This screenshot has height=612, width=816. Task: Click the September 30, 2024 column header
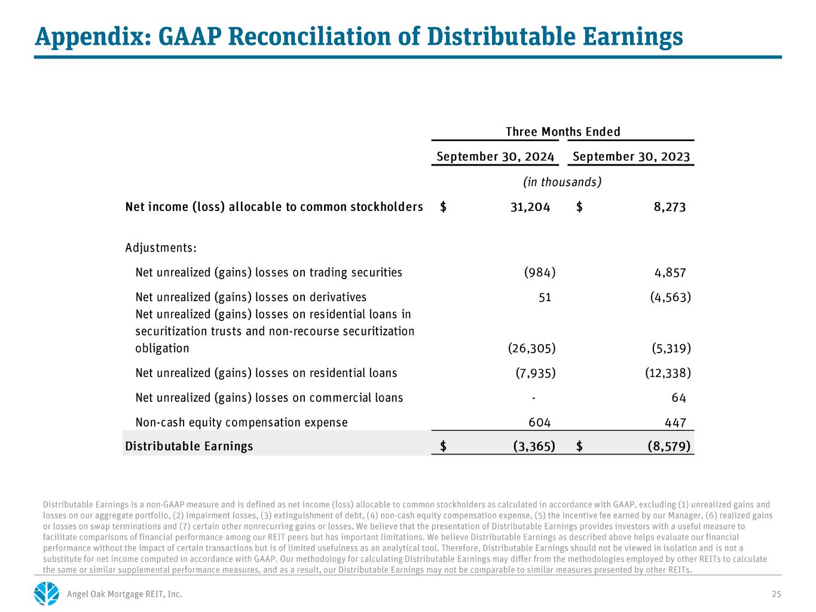tap(495, 157)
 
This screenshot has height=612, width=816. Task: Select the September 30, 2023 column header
tap(631, 157)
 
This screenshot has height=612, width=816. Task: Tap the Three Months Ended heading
tap(563, 132)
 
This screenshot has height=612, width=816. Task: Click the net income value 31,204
tap(530, 207)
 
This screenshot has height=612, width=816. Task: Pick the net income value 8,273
tap(670, 207)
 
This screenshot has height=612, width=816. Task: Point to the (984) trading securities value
tap(540, 273)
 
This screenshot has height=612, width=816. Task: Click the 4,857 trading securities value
tap(670, 273)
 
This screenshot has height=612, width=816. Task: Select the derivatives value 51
tap(545, 298)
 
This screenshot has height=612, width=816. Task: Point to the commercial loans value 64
tap(679, 398)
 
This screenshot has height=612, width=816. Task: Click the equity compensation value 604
tap(539, 423)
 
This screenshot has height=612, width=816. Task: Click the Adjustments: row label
tap(161, 248)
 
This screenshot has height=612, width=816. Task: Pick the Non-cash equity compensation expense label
tap(242, 423)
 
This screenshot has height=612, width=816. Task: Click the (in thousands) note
tap(563, 182)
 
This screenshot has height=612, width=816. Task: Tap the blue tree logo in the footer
tap(47, 593)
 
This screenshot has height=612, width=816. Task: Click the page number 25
tap(776, 594)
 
